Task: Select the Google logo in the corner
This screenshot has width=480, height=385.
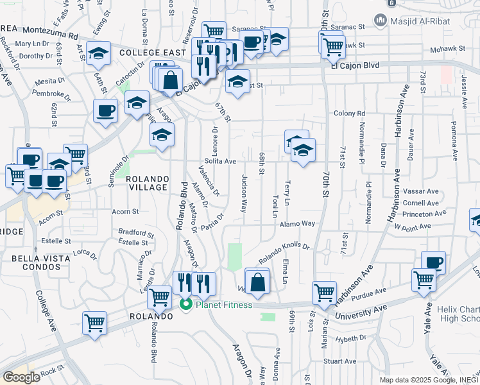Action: (21, 377)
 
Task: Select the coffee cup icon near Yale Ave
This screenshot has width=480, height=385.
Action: (433, 262)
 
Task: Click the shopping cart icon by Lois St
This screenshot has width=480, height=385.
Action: (325, 293)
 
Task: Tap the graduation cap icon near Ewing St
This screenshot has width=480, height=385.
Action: (99, 53)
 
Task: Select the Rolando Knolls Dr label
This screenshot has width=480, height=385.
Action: (284, 252)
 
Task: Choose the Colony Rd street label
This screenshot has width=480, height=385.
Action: (349, 113)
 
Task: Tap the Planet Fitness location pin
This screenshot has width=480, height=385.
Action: (186, 304)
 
